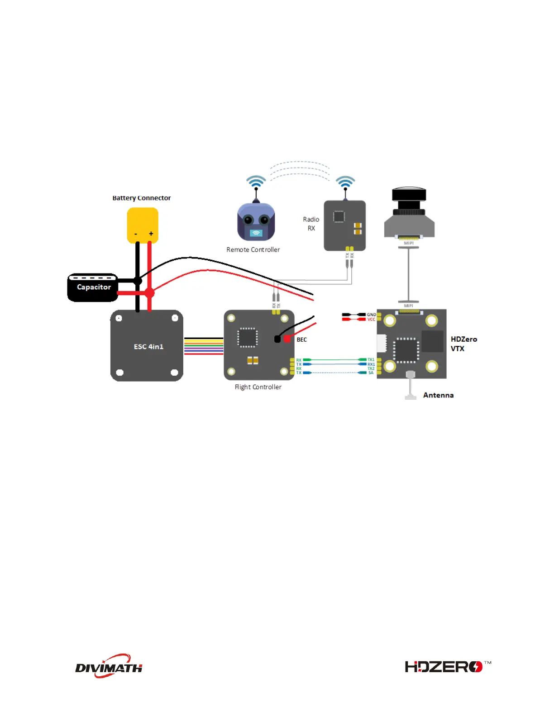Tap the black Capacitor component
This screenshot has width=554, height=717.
(x=93, y=287)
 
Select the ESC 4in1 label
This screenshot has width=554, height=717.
(x=148, y=347)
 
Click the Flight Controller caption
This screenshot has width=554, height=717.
(x=258, y=387)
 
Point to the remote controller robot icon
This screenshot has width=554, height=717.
(x=256, y=222)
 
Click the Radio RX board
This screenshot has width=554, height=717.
(x=344, y=225)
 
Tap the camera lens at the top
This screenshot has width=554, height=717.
(x=409, y=196)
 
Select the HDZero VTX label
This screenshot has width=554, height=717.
(x=463, y=344)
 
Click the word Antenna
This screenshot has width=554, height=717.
(x=438, y=395)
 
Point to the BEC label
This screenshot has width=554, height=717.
(x=301, y=339)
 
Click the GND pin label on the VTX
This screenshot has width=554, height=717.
(x=371, y=315)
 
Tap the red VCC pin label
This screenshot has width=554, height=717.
(x=371, y=320)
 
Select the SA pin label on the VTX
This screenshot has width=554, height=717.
(x=371, y=373)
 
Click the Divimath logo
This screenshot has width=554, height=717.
(x=109, y=666)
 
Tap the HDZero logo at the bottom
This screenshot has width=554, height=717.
(x=446, y=667)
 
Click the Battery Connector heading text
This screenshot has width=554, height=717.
(x=142, y=198)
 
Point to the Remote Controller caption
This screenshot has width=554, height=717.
(x=253, y=250)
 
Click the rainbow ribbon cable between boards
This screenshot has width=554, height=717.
(x=204, y=346)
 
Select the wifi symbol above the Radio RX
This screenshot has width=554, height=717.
(x=345, y=182)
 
